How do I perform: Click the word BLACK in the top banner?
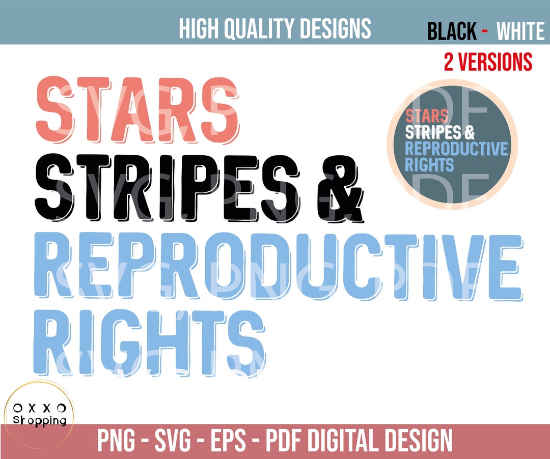click(x=452, y=32)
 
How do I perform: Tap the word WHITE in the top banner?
click(x=520, y=32)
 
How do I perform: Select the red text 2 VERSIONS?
click(x=487, y=62)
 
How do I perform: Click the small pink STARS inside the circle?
click(x=427, y=117)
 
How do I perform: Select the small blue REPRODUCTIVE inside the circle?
click(x=456, y=149)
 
